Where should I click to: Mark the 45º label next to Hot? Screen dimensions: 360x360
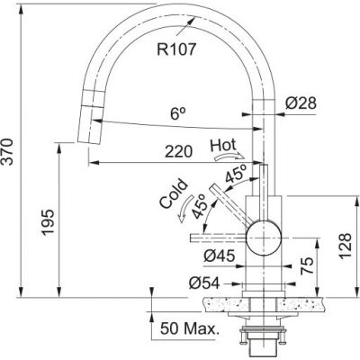click(x=236, y=177)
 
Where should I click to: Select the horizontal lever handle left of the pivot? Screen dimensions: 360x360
click(x=216, y=237)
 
